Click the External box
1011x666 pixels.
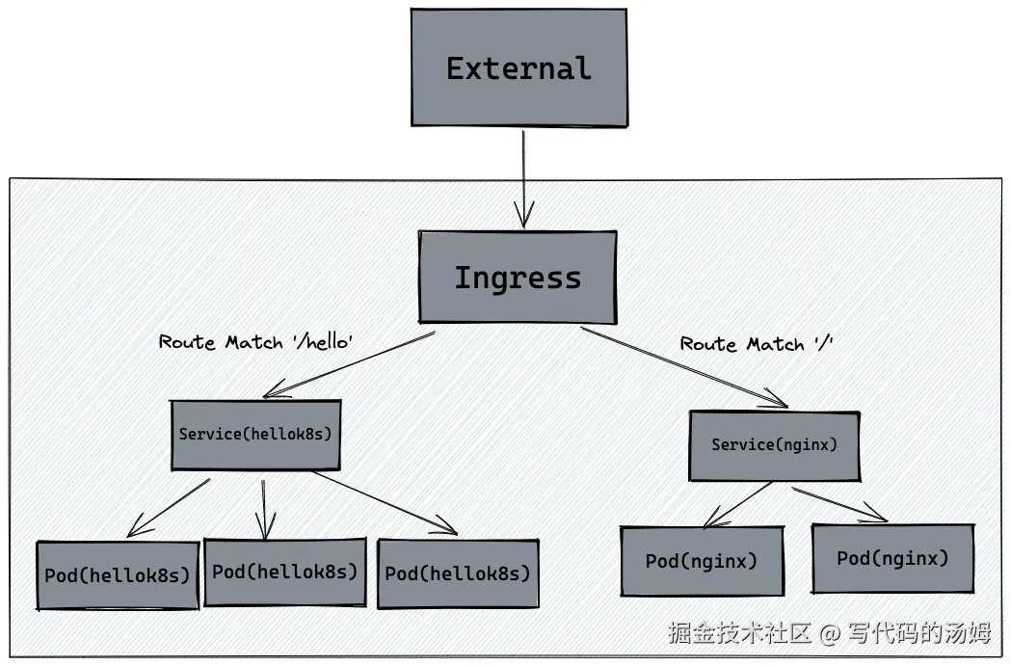click(x=519, y=67)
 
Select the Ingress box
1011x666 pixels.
click(x=518, y=278)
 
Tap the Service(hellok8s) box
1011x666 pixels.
click(x=255, y=435)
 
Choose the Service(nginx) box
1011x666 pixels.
click(x=774, y=445)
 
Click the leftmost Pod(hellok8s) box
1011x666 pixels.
click(x=118, y=575)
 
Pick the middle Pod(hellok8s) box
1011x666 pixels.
click(x=285, y=572)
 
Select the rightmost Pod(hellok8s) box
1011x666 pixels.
click(x=458, y=573)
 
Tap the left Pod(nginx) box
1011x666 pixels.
click(x=702, y=561)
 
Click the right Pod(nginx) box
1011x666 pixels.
click(x=892, y=558)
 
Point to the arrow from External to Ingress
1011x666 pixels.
click(x=523, y=178)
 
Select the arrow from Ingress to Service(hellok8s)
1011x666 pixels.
click(x=349, y=363)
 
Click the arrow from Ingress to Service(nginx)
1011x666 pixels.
click(x=684, y=367)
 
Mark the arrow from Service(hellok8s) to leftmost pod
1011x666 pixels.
click(x=169, y=506)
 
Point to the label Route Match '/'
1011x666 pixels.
click(x=756, y=344)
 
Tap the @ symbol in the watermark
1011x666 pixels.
click(x=830, y=633)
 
